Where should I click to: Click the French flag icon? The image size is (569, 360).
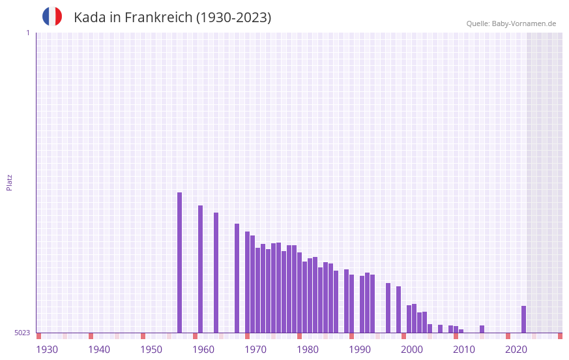pos(52,16)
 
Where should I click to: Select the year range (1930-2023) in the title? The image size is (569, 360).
pos(233,18)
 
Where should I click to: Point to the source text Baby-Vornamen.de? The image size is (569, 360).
pos(523,23)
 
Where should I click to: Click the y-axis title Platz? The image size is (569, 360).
pos(9,182)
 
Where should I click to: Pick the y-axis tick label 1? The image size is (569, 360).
pos(27,33)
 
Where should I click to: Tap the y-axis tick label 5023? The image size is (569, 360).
pos(22,333)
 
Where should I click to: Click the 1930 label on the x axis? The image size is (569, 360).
pos(47,350)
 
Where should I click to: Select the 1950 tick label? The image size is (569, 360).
pos(151,350)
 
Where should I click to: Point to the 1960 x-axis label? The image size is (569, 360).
pos(203,350)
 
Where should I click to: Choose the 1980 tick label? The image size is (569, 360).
pos(308,350)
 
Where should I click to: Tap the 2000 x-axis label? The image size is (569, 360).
pos(412,350)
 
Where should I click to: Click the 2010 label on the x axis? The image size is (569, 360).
pos(464,350)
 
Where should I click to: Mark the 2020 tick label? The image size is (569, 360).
pos(516,350)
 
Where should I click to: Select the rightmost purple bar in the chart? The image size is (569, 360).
pos(523,319)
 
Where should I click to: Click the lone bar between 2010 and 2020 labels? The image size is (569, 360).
pos(482,329)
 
